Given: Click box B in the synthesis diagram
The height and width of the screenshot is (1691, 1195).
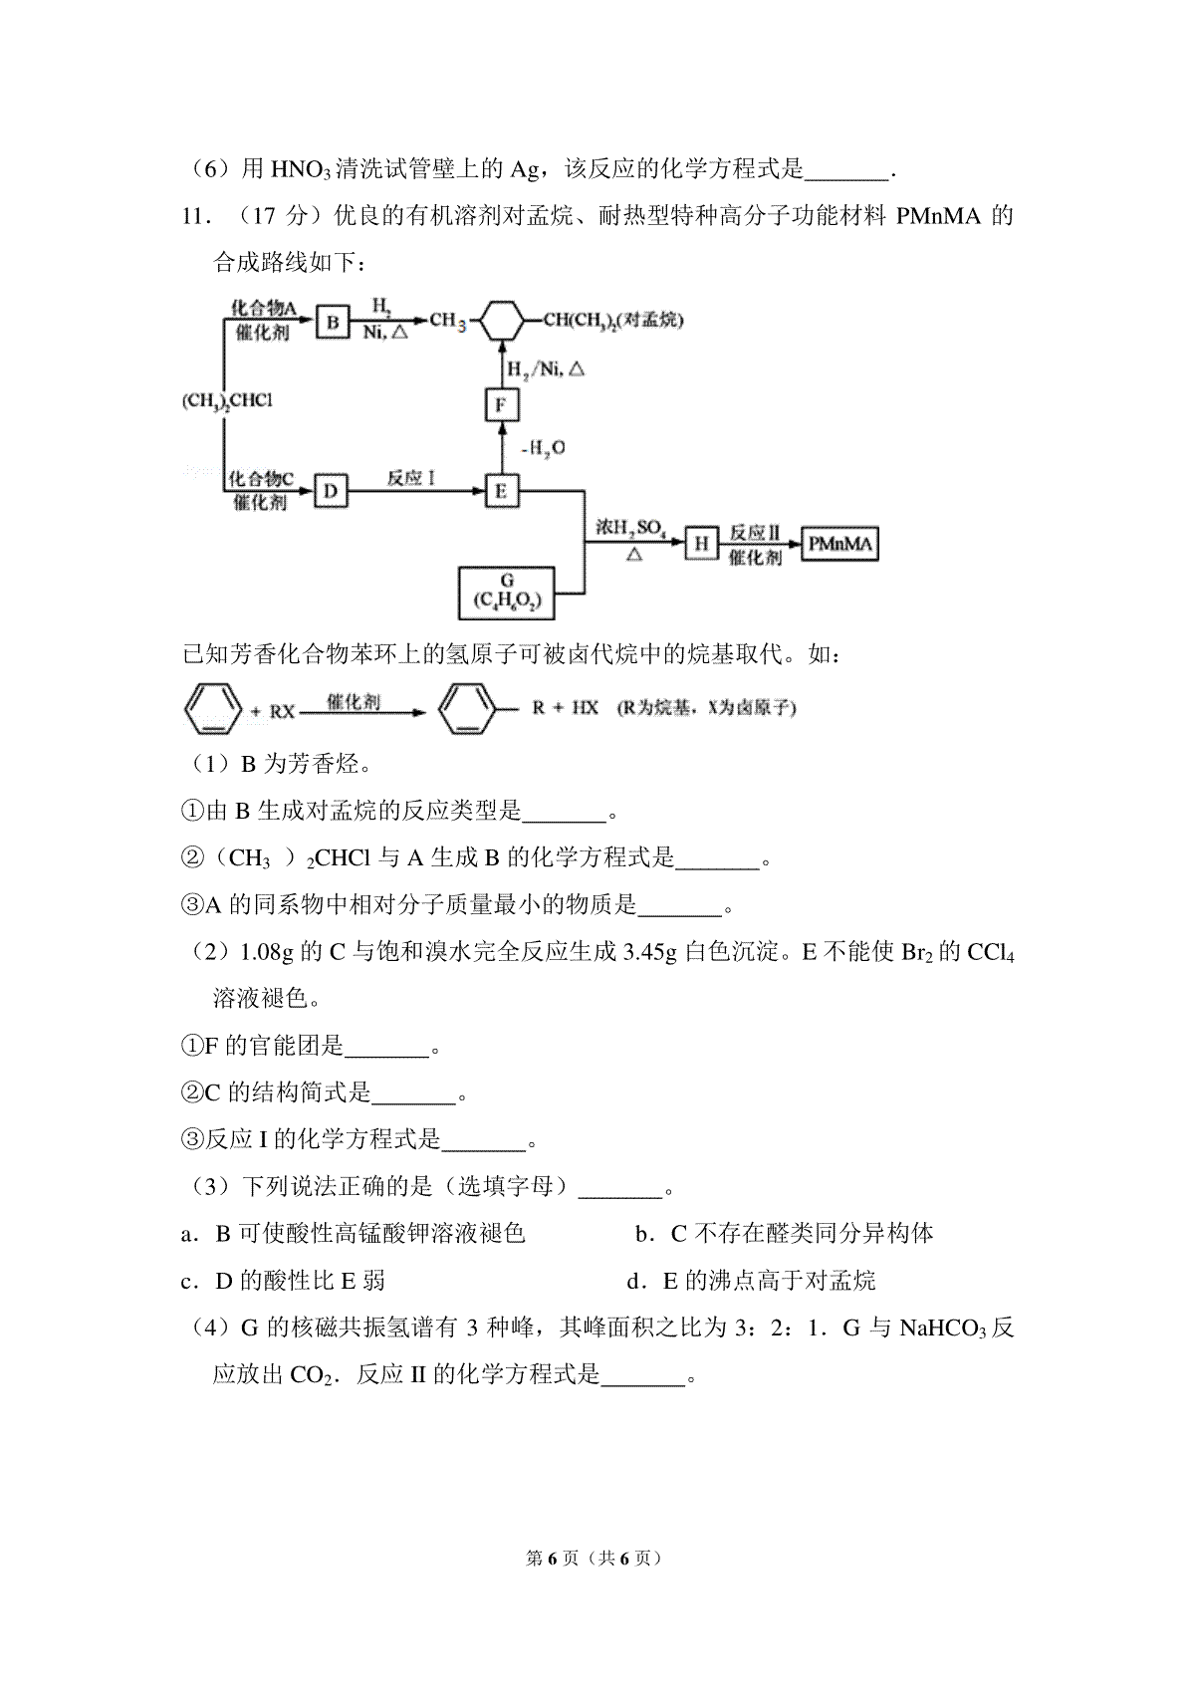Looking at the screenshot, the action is click(x=333, y=323).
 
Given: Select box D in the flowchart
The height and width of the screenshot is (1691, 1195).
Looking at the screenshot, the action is click(x=331, y=491).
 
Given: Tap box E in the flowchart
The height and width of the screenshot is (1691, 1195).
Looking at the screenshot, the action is click(x=501, y=491).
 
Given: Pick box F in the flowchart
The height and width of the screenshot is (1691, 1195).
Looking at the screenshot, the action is click(x=501, y=404).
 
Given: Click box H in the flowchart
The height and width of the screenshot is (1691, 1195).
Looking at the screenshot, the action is click(x=701, y=544).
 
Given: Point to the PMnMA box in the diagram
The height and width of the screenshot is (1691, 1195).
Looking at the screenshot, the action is click(x=839, y=544).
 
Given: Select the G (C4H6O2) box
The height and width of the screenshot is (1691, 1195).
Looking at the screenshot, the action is click(x=507, y=593).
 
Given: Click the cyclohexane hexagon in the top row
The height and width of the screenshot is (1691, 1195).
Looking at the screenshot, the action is click(x=502, y=321).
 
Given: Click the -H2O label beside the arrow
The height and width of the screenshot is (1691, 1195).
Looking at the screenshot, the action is click(x=543, y=448).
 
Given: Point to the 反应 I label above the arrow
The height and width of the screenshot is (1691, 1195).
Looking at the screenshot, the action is click(x=411, y=478).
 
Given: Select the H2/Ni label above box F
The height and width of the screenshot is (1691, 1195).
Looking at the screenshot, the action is click(x=545, y=369).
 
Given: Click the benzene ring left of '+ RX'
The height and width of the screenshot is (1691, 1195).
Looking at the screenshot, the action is click(x=213, y=709).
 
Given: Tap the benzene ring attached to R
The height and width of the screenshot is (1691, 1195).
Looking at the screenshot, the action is click(x=466, y=709).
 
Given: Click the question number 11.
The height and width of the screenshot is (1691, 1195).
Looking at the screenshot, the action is click(x=195, y=217).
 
